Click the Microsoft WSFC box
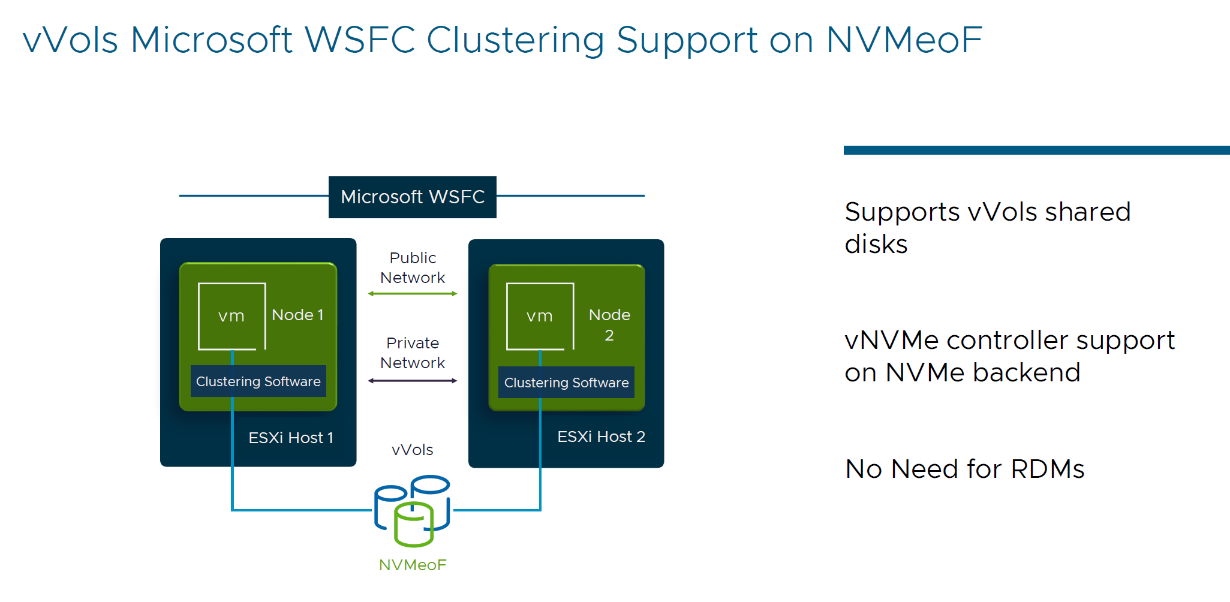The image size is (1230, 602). pos(412,197)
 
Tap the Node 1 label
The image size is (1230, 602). pos(297,315)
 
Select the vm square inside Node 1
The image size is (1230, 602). pos(231,316)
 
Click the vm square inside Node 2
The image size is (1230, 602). pos(540,316)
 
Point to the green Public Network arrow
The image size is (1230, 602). pos(413,294)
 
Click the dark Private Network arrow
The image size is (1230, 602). pos(413,381)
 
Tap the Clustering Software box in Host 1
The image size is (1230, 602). pos(258,381)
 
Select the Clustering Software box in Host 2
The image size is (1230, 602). pos(566,383)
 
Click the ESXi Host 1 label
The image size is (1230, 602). pos(291,438)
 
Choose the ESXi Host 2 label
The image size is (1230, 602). pos(601,437)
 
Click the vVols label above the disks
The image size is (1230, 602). pos(412,450)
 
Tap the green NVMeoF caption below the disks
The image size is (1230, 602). pos(413,565)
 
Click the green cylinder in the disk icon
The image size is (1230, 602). pos(414,525)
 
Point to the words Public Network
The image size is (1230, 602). pos(413,267)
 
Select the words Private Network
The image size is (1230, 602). pos(413,353)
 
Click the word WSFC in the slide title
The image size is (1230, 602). pos(360,40)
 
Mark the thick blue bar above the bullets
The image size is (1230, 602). pos(1036,150)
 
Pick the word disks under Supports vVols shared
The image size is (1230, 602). pos(876,245)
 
